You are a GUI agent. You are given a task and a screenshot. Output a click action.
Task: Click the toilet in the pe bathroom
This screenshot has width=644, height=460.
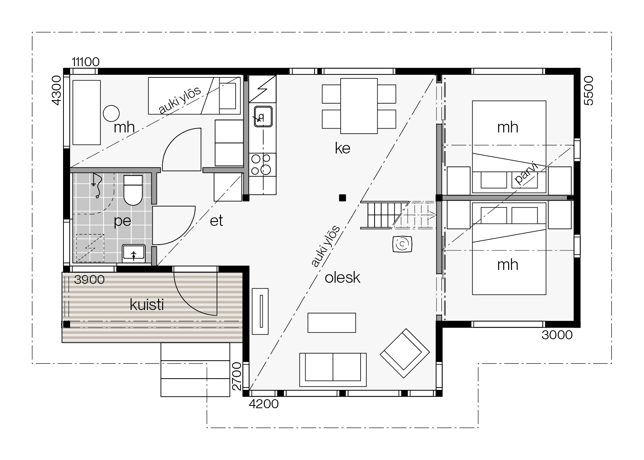click(133, 190)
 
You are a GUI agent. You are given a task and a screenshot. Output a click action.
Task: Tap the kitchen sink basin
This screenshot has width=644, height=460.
click(263, 116)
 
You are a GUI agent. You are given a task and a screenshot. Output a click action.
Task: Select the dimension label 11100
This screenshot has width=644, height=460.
click(85, 62)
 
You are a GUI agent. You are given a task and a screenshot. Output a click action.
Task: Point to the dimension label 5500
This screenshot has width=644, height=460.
click(588, 91)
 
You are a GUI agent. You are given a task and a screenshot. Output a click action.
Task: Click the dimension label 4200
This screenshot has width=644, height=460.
click(264, 404)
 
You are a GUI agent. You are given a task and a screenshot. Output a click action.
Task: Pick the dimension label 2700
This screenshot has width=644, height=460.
click(237, 376)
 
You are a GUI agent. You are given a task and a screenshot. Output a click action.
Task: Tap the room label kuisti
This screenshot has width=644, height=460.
click(147, 305)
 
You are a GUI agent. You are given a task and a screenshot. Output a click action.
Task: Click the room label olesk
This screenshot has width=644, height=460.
click(342, 278)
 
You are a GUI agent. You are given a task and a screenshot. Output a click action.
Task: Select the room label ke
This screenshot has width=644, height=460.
click(342, 148)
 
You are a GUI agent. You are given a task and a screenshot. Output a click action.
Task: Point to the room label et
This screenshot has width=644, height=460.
click(216, 220)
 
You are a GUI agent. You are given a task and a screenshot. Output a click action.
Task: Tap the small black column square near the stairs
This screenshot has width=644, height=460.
click(342, 197)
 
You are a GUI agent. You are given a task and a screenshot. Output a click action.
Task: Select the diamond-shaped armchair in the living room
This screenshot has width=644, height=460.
click(405, 353)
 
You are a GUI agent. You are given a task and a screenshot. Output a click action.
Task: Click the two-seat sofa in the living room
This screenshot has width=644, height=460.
click(333, 370)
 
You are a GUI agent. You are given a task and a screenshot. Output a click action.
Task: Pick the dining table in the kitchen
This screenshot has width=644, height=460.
click(359, 106)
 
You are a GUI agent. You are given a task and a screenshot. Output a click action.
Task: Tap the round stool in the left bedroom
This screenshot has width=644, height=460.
click(111, 113)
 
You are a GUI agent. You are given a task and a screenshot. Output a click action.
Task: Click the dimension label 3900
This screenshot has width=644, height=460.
click(89, 280)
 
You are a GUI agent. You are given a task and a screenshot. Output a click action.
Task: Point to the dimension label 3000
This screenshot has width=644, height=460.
click(557, 335)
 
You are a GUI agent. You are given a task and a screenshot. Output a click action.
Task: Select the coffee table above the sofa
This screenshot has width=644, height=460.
click(331, 323)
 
